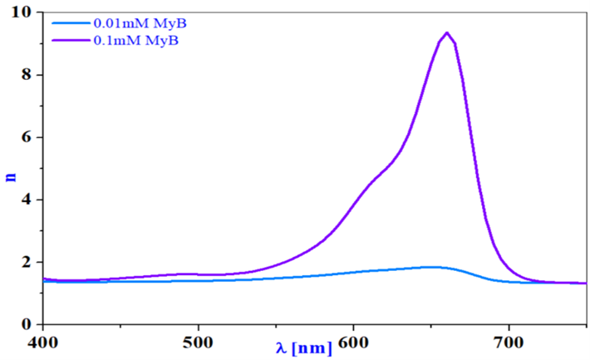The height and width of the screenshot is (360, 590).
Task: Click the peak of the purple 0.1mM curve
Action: coord(447,32)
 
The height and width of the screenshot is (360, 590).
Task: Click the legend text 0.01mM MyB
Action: coord(140,23)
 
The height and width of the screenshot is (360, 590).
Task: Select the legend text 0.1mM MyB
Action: coord(135,40)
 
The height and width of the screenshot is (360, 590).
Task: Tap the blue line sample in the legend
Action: coord(71,23)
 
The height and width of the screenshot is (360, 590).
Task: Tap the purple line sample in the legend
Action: coord(71,40)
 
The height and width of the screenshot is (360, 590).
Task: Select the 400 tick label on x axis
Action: coord(44,343)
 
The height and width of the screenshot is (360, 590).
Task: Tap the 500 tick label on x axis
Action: coord(199,343)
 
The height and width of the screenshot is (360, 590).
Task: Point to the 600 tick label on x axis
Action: coord(354,343)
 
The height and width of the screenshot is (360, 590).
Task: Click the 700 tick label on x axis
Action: coord(509,343)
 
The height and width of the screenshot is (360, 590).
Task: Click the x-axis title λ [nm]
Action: coord(304,348)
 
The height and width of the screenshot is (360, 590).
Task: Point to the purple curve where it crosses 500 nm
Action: coord(199,274)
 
